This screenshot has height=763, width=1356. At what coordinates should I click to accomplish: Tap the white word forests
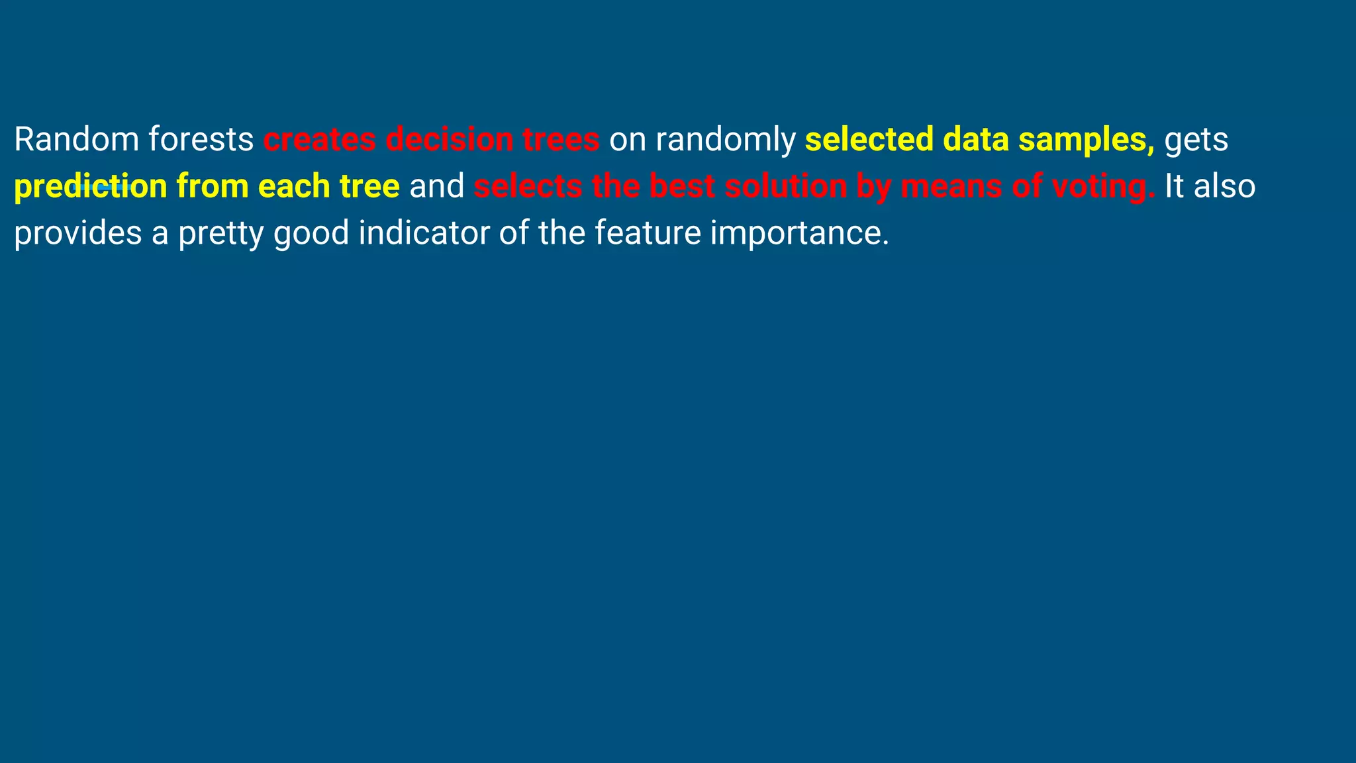tap(201, 140)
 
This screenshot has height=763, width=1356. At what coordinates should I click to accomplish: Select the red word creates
tap(320, 140)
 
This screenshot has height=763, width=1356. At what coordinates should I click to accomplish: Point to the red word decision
tap(449, 140)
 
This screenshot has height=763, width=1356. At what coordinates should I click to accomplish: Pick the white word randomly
tap(725, 140)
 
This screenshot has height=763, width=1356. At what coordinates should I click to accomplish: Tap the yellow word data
tap(976, 140)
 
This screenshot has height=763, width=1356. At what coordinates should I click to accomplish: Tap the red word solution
tap(785, 187)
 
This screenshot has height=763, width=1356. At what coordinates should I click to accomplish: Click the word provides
tap(78, 233)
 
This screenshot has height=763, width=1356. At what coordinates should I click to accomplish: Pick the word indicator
tap(423, 233)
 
